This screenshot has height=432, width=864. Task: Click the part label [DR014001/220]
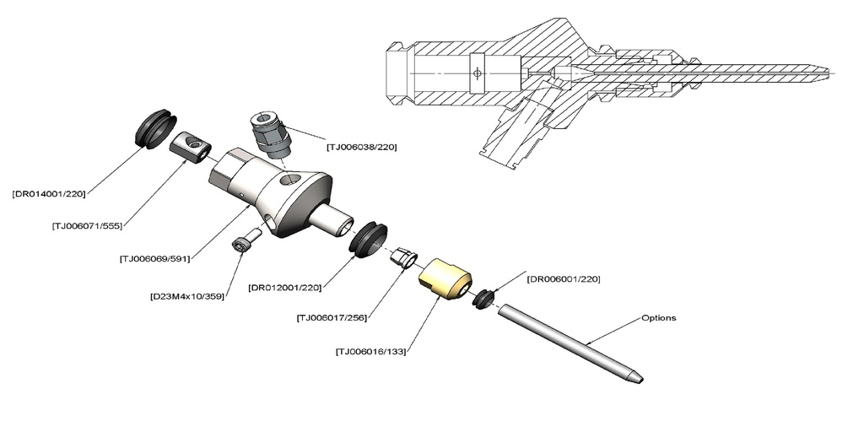click(x=48, y=193)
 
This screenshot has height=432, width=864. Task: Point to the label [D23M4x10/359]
click(x=186, y=296)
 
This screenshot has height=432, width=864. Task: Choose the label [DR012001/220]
click(x=285, y=289)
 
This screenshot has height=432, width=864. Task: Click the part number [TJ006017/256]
click(x=333, y=318)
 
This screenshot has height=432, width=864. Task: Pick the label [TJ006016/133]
click(x=370, y=351)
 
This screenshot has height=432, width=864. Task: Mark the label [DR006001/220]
click(x=563, y=278)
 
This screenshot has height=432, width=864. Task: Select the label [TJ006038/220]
click(x=361, y=147)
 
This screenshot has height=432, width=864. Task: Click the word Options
click(x=659, y=318)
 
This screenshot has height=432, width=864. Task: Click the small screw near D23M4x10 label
click(x=242, y=241)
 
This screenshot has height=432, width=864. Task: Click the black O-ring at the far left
click(x=155, y=128)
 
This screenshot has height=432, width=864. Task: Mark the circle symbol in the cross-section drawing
click(x=478, y=73)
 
